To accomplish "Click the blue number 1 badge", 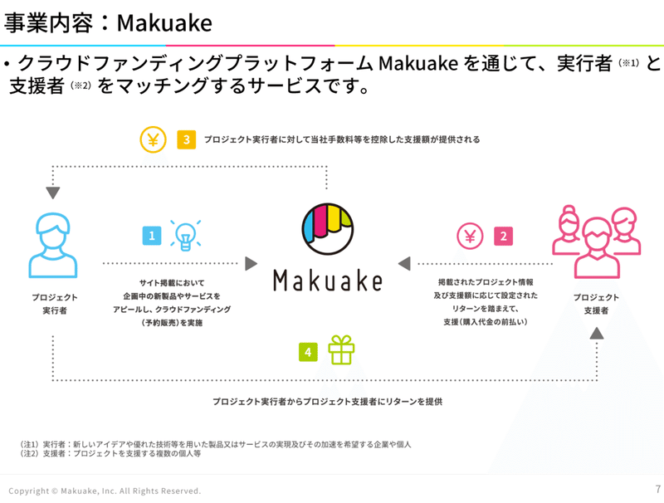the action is (x=152, y=237).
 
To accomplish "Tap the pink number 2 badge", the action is (x=503, y=237).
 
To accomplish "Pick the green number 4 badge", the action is (x=308, y=352).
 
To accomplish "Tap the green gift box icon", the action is (x=340, y=350).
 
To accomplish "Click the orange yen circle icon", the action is (x=153, y=139).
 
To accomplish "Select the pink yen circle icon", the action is (x=470, y=237).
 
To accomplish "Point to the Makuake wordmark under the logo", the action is (x=327, y=279).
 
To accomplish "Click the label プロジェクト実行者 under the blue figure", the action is (x=55, y=303).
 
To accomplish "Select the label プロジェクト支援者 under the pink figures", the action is (x=596, y=303).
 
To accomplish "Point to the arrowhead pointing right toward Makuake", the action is (x=251, y=264).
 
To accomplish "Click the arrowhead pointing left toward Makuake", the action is (x=404, y=264).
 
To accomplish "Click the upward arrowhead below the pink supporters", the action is (x=596, y=332).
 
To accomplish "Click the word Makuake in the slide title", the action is (x=164, y=22).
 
